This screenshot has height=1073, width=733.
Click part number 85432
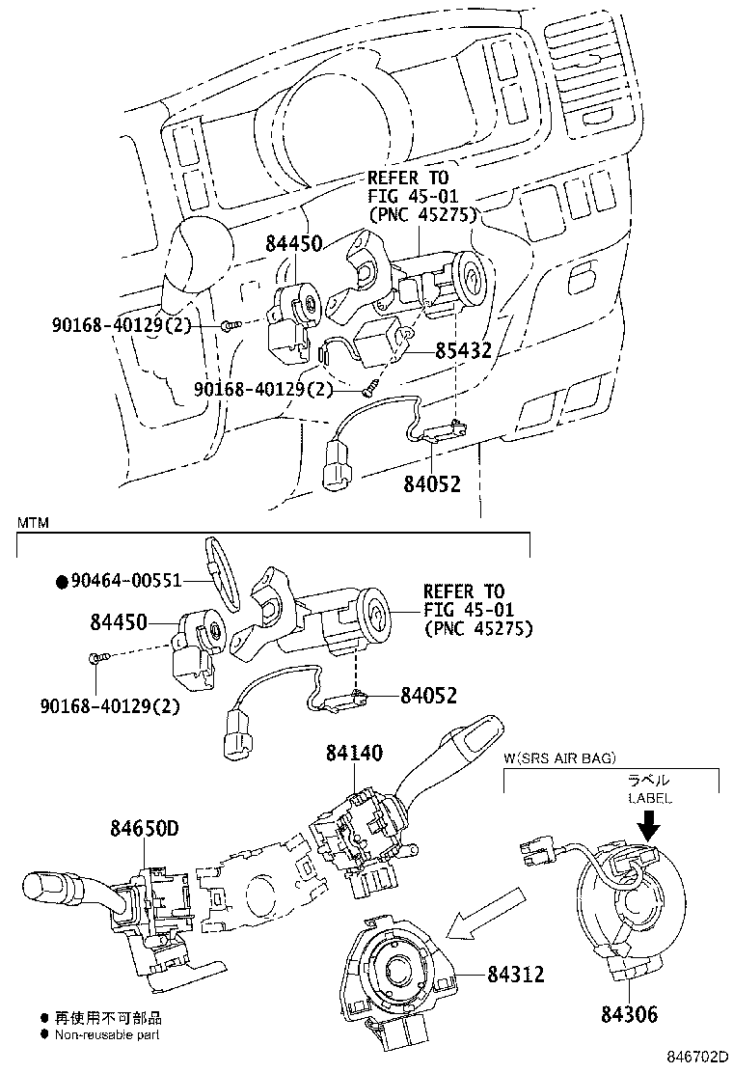(x=464, y=350)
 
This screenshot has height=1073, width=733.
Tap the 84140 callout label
(x=354, y=753)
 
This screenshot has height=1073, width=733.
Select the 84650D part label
(x=145, y=828)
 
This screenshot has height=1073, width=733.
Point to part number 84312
(x=516, y=974)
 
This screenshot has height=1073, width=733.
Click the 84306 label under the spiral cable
(x=629, y=1013)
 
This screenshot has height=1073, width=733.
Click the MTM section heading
(x=33, y=524)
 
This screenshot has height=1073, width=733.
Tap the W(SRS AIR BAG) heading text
(x=560, y=757)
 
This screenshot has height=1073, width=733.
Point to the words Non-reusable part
(x=107, y=1034)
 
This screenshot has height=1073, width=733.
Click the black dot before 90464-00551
(x=62, y=582)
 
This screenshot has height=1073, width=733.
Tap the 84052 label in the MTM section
(x=429, y=696)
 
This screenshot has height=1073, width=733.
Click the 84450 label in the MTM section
(x=119, y=622)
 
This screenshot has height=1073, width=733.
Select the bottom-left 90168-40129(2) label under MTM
(x=109, y=704)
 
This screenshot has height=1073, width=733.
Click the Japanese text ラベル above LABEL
(x=649, y=780)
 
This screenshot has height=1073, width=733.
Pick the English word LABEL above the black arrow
(x=650, y=798)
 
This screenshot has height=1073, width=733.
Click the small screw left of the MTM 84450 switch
(x=96, y=658)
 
